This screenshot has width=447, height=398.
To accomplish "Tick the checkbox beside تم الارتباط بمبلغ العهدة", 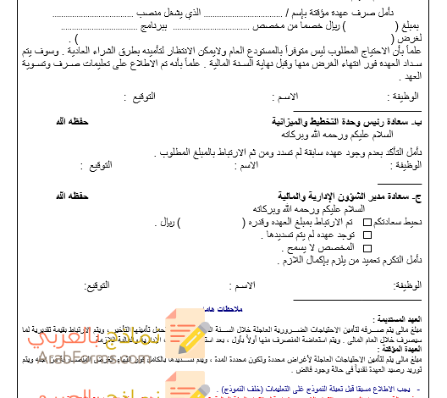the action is [x=366, y=221].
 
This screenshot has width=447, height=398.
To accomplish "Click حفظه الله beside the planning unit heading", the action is [x=74, y=123].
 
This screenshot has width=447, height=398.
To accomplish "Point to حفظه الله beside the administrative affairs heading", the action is [x=74, y=196].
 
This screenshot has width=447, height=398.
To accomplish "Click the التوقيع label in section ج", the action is [x=98, y=290].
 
